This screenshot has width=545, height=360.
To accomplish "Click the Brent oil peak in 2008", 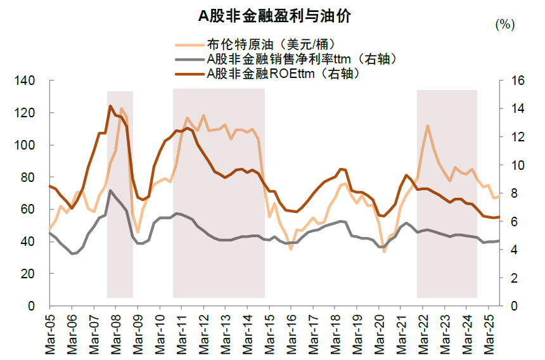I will click(121, 108).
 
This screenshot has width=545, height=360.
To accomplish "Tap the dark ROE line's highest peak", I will click(110, 106).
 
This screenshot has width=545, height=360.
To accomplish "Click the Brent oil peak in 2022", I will click(428, 125).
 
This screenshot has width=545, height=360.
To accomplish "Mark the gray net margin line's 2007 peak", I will click(110, 190).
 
